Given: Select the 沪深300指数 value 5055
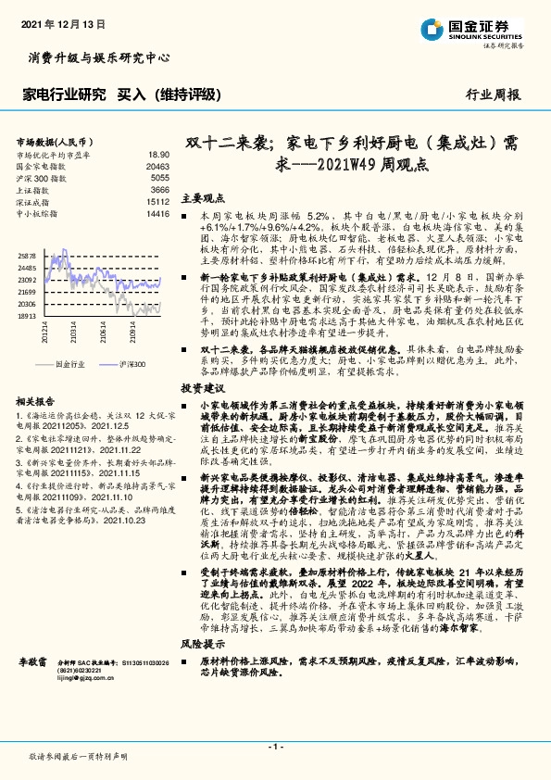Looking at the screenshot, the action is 159,176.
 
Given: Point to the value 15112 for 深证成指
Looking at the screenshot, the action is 157,200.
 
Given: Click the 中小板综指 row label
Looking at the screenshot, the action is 37,212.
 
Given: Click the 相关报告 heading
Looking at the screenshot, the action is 37,401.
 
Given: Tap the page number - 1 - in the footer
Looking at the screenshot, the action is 274,746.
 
